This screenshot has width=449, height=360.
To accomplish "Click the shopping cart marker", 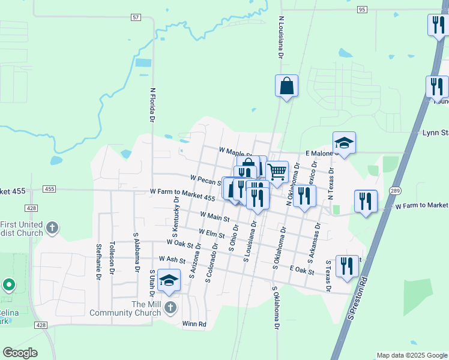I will point(277,172).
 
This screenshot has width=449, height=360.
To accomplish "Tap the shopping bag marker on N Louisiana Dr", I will point(287,85).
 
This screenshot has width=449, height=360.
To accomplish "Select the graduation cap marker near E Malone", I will point(344,143).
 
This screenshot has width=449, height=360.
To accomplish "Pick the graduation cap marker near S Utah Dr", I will point(169,280).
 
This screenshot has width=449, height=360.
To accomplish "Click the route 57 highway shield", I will point(136,18).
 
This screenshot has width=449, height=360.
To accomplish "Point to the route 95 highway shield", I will point(361,10).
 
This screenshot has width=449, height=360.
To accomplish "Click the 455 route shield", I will point(49,189).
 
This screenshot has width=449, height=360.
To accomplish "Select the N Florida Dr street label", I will point(152,106).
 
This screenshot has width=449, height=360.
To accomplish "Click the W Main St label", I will point(211,215).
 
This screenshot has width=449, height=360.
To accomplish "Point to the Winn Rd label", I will point(194,324).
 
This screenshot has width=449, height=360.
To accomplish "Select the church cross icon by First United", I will point(52,227).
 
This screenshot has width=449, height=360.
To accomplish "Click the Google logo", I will point(20,353).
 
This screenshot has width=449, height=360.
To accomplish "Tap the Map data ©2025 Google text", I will point(411,355).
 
